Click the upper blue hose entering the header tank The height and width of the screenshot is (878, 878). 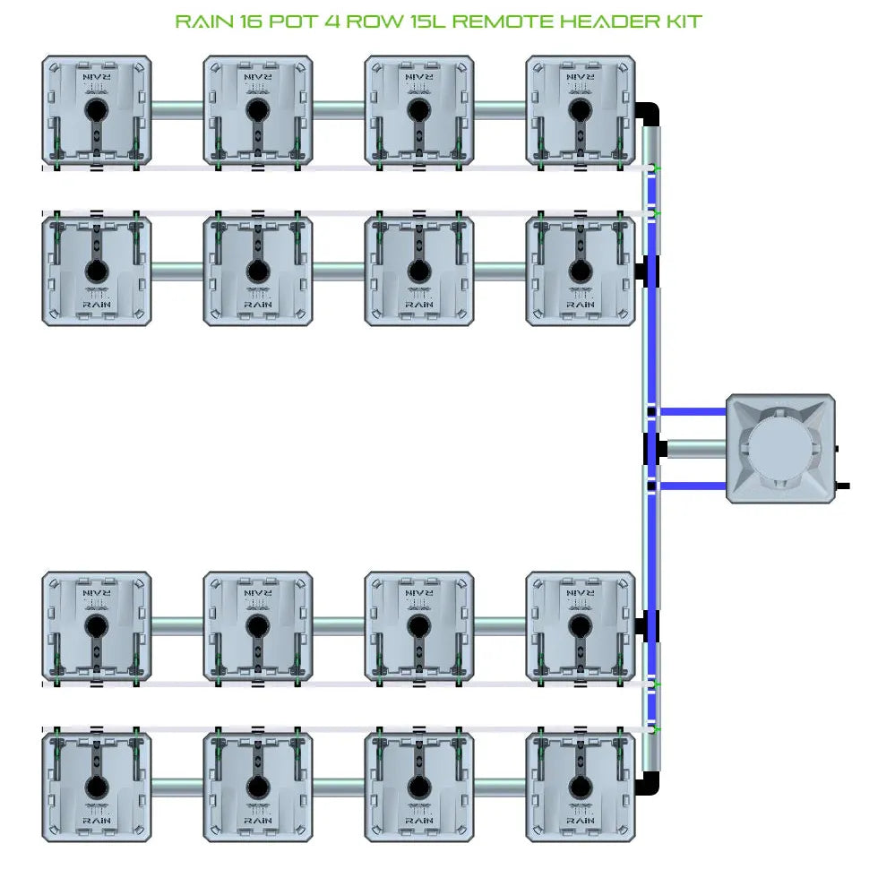coord(692,411)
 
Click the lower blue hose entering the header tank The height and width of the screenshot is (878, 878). coord(692,486)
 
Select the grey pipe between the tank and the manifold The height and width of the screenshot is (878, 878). coord(695,448)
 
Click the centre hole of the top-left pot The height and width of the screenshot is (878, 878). coord(96,110)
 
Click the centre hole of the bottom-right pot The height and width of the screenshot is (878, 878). coord(580,788)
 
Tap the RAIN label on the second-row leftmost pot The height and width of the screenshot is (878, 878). coord(97,305)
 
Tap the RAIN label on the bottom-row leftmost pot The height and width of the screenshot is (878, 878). coord(97,821)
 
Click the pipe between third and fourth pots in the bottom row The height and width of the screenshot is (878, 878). coord(499,788)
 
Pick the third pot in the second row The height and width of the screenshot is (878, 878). coord(418,269)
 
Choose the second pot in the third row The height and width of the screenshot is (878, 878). coord(257,625)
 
